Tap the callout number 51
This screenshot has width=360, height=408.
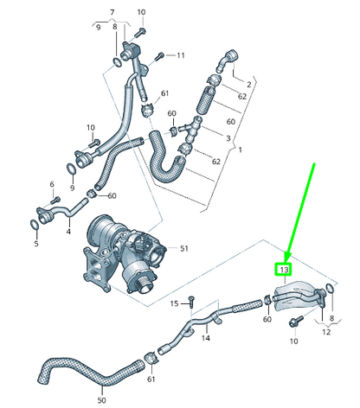click(183, 249)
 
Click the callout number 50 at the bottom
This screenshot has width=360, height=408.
click(101, 399)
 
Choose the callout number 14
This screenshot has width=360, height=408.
click(206, 339)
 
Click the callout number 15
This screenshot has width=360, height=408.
click(174, 303)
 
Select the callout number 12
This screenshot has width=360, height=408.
click(326, 332)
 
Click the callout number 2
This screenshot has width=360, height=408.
click(248, 84)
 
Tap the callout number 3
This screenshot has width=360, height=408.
click(228, 137)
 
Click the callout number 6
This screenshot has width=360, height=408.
click(52, 184)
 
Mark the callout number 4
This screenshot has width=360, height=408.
click(68, 230)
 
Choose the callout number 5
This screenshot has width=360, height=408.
click(36, 244)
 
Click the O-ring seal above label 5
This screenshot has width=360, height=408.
click(34, 225)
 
